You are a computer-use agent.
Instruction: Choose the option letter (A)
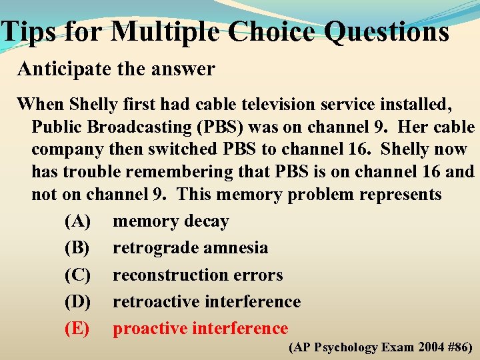[x=78, y=221]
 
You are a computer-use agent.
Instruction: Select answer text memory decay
[x=171, y=221]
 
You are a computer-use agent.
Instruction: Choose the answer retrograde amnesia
[x=190, y=248]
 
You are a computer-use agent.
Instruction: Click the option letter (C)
[x=78, y=275]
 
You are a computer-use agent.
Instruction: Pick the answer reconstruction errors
[x=197, y=275]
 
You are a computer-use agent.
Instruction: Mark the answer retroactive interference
[x=207, y=302]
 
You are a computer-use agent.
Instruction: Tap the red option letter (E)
[x=77, y=329]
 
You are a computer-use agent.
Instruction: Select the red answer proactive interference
[x=200, y=329]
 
